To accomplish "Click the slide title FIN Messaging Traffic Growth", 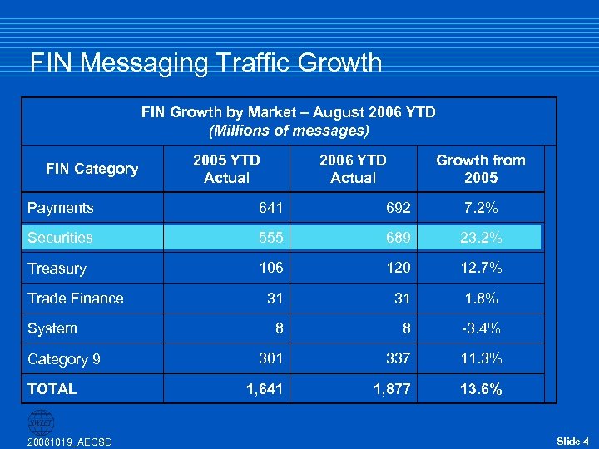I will tap(205, 63).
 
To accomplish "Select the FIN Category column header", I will tap(92, 169).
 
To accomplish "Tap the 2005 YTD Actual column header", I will tap(226, 169).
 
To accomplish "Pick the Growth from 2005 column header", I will tap(481, 169).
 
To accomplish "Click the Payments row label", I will tap(60, 208).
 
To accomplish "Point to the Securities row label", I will tap(60, 238).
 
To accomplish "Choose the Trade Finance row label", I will tap(75, 299).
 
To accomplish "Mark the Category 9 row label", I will tap(63, 359).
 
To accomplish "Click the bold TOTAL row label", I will tap(52, 388).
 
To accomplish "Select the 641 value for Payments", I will tap(271, 208).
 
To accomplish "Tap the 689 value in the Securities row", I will tap(398, 238).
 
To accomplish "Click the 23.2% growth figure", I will tap(481, 238).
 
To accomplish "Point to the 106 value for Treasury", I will tap(271, 268).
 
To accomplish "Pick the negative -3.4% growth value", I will tap(481, 328).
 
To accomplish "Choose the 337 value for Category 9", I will tap(398, 358).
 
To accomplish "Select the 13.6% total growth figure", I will tap(481, 389).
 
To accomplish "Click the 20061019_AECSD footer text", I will tap(69, 441).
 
